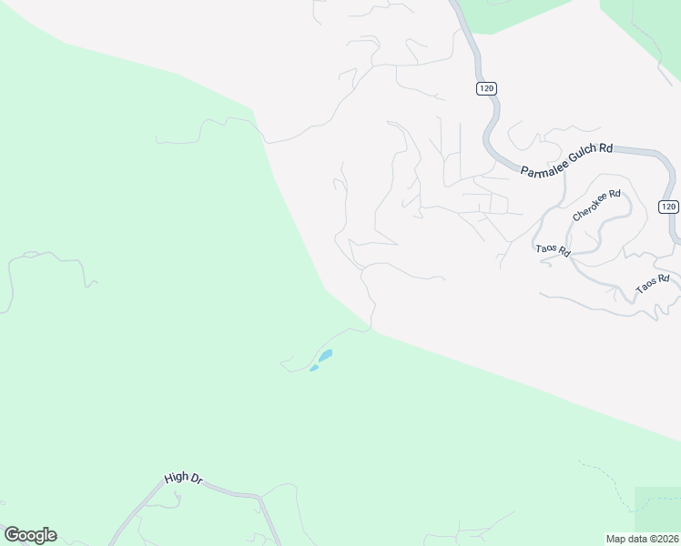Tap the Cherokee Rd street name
coord(596,205)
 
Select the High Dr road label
coord(182,478)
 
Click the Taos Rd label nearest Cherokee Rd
coord(553,248)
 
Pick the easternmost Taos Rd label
coord(652,283)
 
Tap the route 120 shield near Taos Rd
coord(669,207)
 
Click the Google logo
coord(30,534)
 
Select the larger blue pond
coord(325,355)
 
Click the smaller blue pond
coord(314,368)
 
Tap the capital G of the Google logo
coord(13,534)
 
